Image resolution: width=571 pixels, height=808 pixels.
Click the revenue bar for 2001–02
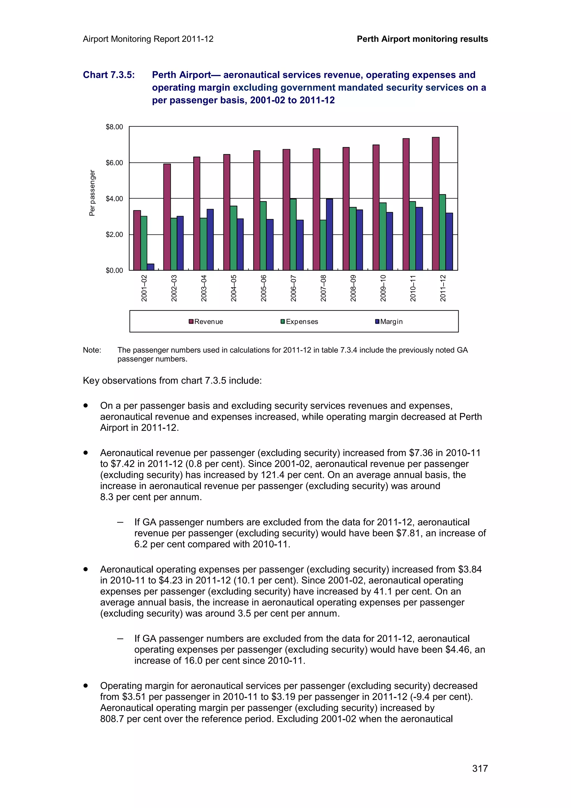coord(137,240)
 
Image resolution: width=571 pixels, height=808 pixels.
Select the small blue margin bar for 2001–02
coord(150,267)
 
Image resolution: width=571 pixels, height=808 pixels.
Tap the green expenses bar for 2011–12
coord(442,232)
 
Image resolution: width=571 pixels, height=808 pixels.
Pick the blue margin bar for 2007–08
coord(329,235)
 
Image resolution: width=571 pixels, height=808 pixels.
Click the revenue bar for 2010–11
coord(406,204)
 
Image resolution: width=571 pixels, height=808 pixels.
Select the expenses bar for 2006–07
coord(293,235)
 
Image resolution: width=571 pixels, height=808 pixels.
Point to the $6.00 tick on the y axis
coord(114,163)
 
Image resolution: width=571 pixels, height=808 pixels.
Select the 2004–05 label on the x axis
coord(234,288)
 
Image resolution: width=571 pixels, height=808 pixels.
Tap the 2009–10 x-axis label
coord(383,288)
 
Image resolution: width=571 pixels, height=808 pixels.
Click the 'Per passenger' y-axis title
coord(92,193)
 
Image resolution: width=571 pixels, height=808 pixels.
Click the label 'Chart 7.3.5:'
coord(109,75)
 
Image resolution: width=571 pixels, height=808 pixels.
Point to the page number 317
coord(480,768)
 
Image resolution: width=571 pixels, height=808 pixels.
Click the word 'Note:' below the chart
coord(92,350)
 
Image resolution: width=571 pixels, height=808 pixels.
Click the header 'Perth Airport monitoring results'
coord(422,39)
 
